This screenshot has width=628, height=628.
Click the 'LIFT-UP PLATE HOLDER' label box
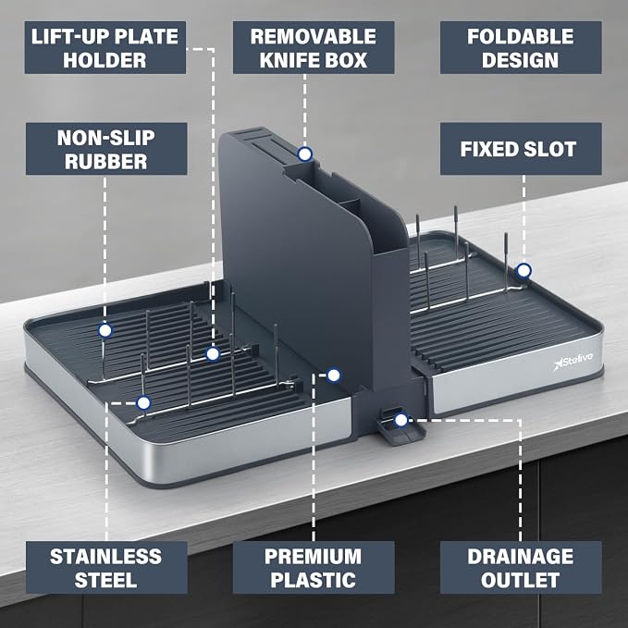(105, 48)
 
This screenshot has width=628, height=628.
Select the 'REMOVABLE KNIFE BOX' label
(314, 48)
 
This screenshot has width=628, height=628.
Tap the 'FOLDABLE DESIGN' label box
(521, 48)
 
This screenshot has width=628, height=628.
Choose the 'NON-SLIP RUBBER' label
(106, 149)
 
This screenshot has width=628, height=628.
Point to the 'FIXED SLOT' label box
(521, 149)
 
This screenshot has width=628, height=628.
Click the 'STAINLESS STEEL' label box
(106, 568)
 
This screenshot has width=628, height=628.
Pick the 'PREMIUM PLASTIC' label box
(314, 568)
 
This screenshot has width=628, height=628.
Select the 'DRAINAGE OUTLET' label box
(521, 568)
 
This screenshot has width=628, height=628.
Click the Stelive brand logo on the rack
(573, 361)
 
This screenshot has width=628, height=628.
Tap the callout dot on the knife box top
(305, 154)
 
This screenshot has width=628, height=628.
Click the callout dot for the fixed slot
(523, 271)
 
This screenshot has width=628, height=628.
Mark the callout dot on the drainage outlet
(400, 420)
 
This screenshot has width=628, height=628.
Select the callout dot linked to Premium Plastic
(334, 376)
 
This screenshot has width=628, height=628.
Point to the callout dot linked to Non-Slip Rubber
(105, 330)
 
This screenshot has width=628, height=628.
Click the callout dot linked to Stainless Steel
(143, 402)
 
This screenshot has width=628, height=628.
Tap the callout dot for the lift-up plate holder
(213, 354)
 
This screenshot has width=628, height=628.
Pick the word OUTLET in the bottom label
(521, 580)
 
